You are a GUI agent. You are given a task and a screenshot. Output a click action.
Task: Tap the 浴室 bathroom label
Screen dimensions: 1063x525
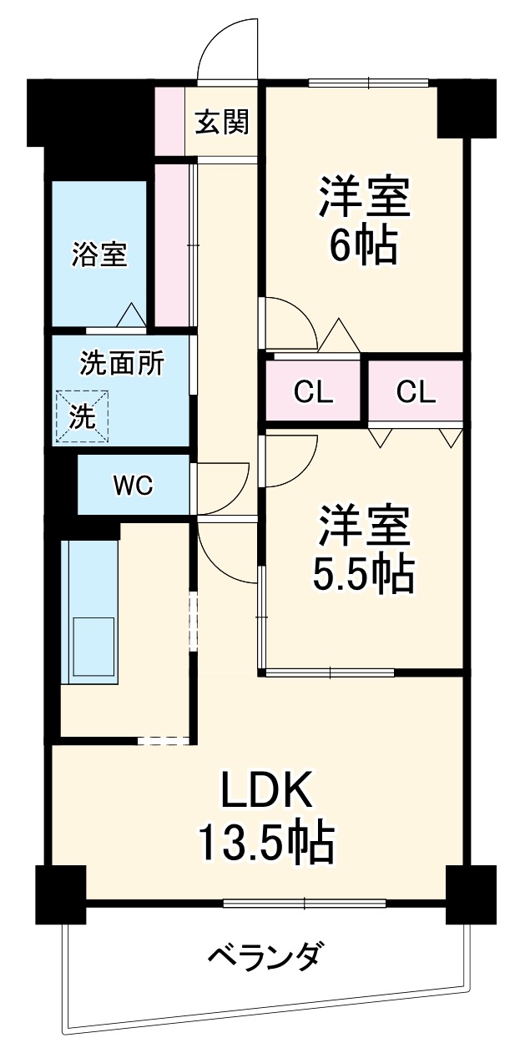(x=100, y=254)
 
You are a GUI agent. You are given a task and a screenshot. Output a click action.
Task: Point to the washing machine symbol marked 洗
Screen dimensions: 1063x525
(x=82, y=416)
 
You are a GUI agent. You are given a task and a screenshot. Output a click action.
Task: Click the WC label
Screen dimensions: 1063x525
(x=134, y=486)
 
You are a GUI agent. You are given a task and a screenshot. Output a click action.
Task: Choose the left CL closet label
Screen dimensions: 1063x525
(x=314, y=391)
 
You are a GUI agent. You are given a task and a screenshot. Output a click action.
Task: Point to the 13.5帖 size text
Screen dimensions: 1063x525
(x=266, y=844)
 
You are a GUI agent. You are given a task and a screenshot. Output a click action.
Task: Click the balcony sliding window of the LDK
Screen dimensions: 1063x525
(x=305, y=902)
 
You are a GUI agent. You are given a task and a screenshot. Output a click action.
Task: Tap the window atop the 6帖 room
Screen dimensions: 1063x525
(x=368, y=82)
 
